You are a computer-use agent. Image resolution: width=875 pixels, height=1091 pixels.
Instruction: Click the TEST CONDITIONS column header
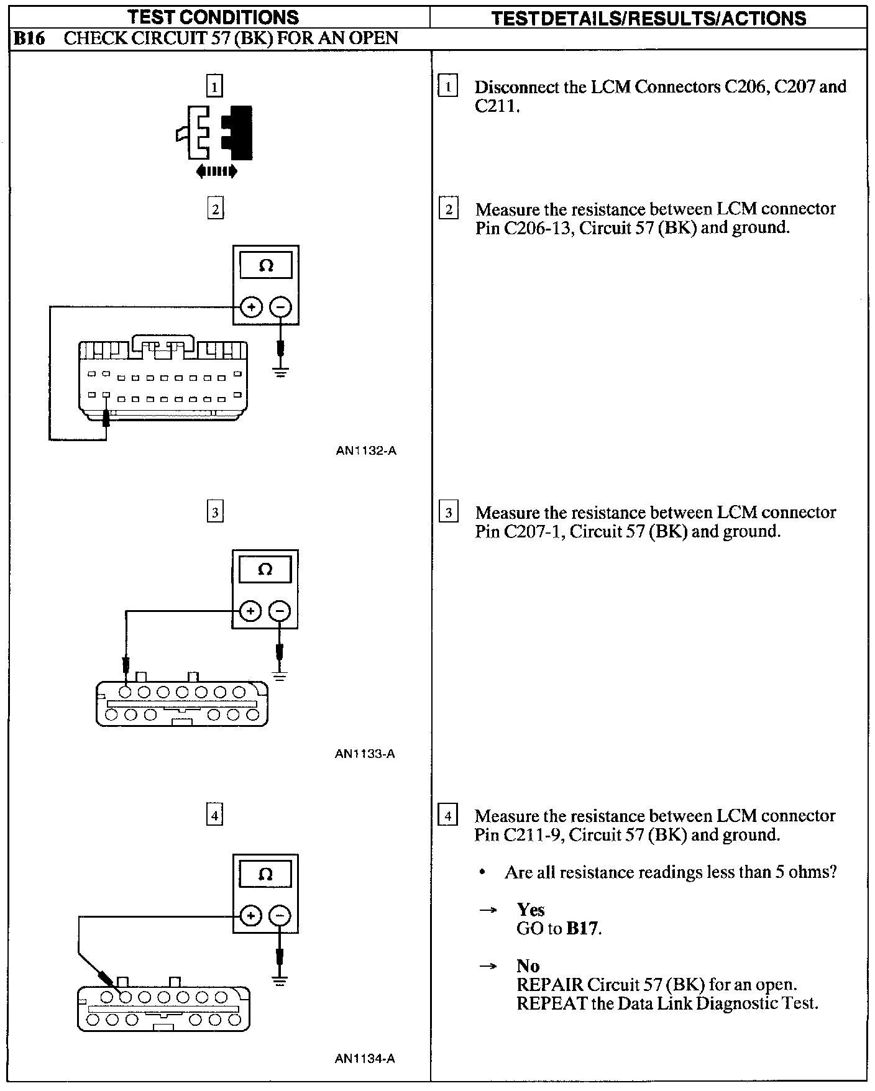(214, 17)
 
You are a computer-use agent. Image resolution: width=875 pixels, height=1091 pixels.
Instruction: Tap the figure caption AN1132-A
(365, 451)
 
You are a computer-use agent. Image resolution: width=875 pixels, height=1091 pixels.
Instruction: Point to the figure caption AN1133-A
(365, 754)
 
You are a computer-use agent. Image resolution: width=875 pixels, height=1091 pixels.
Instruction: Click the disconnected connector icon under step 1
(216, 133)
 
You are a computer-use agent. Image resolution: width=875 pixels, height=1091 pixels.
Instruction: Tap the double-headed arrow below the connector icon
(216, 171)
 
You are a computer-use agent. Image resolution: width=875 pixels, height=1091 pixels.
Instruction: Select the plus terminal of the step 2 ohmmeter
(251, 307)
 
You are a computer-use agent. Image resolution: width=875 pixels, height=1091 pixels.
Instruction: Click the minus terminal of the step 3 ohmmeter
(280, 611)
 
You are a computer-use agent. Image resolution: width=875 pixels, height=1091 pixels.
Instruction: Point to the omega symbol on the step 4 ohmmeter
(265, 875)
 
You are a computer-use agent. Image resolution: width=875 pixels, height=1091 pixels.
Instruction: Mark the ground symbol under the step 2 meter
(281, 373)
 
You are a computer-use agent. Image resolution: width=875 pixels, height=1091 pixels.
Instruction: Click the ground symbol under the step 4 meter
(280, 982)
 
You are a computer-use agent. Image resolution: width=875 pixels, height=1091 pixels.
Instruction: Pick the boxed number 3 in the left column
(214, 513)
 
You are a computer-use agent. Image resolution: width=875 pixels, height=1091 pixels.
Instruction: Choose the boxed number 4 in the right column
(447, 815)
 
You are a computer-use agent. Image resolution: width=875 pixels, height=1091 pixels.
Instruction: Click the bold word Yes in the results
(530, 910)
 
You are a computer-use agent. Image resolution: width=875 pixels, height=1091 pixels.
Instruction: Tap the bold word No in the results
(528, 965)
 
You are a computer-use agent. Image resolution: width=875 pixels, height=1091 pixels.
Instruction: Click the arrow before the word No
(488, 966)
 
